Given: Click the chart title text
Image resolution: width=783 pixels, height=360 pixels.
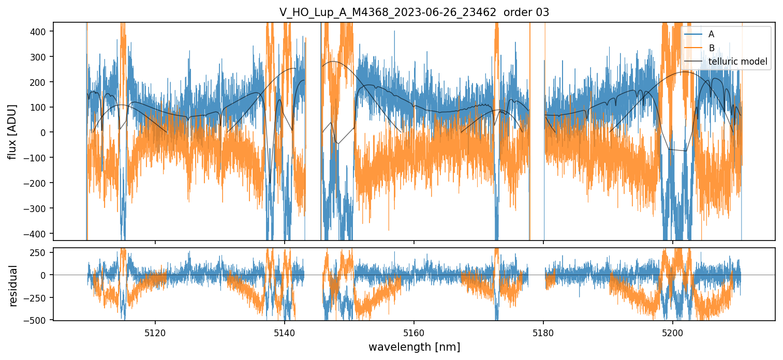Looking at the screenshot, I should (x=414, y=13).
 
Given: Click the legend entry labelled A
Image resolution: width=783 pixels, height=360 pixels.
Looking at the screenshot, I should (x=711, y=34).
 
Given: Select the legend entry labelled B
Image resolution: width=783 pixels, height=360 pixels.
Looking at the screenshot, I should (x=711, y=48).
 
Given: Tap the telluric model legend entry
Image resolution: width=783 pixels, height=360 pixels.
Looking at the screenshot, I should (x=737, y=62).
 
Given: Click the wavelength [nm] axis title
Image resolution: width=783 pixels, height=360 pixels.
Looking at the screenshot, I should (x=414, y=347).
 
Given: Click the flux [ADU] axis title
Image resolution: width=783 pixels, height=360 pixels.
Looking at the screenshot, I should (x=11, y=131).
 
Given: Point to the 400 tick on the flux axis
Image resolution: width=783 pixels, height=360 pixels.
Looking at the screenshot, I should (x=39, y=32).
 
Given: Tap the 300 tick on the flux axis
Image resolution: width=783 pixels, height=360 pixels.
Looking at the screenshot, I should (x=39, y=57).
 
